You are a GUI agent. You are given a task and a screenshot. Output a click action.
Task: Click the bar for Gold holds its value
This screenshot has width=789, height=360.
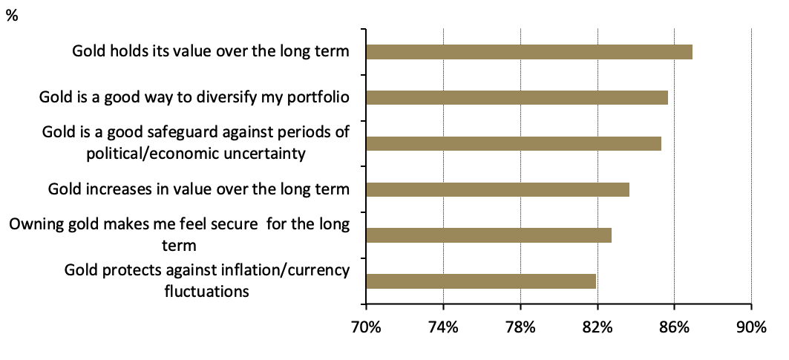pyautogui.click(x=529, y=52)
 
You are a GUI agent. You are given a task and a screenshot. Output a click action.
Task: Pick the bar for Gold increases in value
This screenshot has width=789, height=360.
pyautogui.click(x=497, y=189)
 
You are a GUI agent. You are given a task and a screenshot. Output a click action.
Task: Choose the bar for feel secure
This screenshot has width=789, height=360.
pyautogui.click(x=488, y=235)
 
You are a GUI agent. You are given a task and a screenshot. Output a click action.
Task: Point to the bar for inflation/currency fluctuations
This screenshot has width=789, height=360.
pyautogui.click(x=481, y=281)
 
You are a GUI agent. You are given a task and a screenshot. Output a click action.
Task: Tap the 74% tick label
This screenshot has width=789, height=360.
pyautogui.click(x=443, y=327)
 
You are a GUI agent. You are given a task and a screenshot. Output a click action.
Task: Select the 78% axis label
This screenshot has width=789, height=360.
pyautogui.click(x=520, y=327)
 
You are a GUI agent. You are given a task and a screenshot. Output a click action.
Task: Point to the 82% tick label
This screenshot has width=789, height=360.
pyautogui.click(x=598, y=327)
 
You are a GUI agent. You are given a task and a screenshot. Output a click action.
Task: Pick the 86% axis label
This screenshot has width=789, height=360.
pyautogui.click(x=675, y=327)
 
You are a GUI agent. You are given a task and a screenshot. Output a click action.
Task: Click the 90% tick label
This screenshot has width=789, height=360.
pyautogui.click(x=751, y=327)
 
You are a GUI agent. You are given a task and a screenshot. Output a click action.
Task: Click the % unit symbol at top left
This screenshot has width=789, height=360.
pyautogui.click(x=13, y=15)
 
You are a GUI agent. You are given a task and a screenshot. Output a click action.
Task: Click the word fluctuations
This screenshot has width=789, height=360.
pyautogui.click(x=206, y=290)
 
